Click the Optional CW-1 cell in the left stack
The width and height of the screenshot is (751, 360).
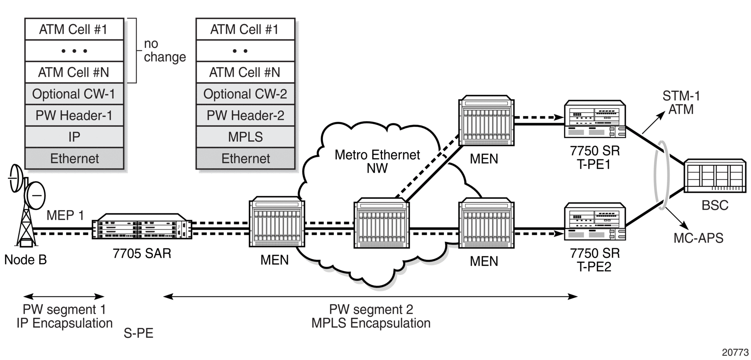(x=74, y=94)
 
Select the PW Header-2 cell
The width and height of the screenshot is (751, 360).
(x=245, y=115)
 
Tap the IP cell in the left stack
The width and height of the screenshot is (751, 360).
(x=74, y=137)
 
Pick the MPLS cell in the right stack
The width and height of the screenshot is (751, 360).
(x=245, y=137)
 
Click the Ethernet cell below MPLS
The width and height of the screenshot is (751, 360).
(x=245, y=158)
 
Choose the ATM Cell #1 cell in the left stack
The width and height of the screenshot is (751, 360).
(x=74, y=29)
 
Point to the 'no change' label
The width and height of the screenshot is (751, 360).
(x=165, y=50)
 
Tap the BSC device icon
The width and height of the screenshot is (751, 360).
(x=715, y=176)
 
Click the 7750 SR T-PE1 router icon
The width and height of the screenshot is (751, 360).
(x=595, y=119)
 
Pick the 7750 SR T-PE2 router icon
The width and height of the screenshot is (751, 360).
(x=595, y=221)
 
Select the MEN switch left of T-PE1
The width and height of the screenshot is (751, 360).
(x=486, y=121)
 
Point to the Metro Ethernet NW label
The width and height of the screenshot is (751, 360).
(x=377, y=161)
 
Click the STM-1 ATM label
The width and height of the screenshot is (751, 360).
(x=681, y=102)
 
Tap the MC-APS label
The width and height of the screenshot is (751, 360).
(x=698, y=238)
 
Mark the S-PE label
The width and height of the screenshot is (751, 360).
(x=139, y=333)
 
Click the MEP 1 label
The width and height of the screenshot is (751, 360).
(x=65, y=215)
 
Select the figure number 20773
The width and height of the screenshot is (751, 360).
(x=735, y=352)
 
